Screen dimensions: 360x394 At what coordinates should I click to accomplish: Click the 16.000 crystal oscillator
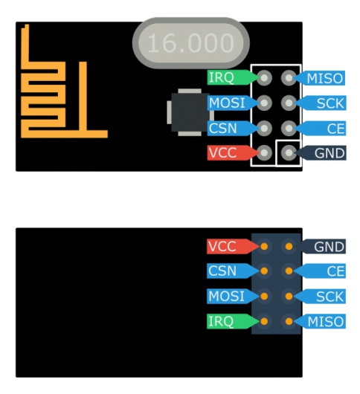click(191, 43)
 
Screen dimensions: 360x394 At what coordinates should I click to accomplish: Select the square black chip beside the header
click(190, 112)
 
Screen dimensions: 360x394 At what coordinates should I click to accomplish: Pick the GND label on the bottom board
click(323, 247)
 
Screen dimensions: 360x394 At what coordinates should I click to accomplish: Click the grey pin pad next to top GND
click(289, 153)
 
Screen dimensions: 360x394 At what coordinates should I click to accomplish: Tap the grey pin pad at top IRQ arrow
click(264, 78)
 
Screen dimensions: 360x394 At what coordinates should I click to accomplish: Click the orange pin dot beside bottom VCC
click(264, 247)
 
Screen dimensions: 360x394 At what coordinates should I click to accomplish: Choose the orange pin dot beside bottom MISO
click(289, 321)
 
